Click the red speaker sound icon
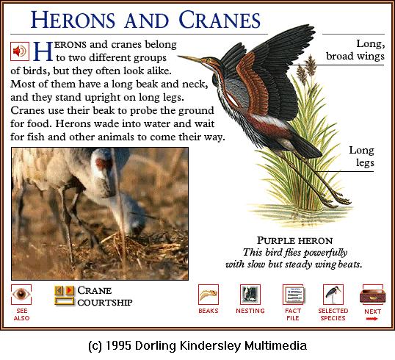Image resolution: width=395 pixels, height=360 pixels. coord(20,51)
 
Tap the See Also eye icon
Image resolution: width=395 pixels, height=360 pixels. coord(21,294)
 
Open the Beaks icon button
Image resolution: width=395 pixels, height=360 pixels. coord(209,295)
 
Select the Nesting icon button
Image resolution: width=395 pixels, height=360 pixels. coord(250,295)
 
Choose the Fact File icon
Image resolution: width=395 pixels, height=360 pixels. coord(293,295)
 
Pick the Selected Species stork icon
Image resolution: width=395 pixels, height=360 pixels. coord(333,295)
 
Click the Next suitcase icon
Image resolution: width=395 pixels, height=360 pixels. coord(372,295)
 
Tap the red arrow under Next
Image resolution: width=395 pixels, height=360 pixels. coord(372,319)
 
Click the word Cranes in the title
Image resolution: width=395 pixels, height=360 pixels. coord(220,20)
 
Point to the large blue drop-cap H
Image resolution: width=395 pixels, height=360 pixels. coord(43,51)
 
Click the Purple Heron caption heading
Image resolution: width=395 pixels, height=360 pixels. coord(294,241)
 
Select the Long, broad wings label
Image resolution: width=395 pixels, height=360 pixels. coord(355,50)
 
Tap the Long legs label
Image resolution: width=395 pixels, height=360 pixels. coord(361,156)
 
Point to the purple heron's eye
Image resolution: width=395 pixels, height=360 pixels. coord(208,60)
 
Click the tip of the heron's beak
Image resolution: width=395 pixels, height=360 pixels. coord(178,57)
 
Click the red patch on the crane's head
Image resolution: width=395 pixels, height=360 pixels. coord(101,163)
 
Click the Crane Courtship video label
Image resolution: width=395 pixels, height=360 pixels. coord(105,296)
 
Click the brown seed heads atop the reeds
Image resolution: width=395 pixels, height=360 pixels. coord(306,68)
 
